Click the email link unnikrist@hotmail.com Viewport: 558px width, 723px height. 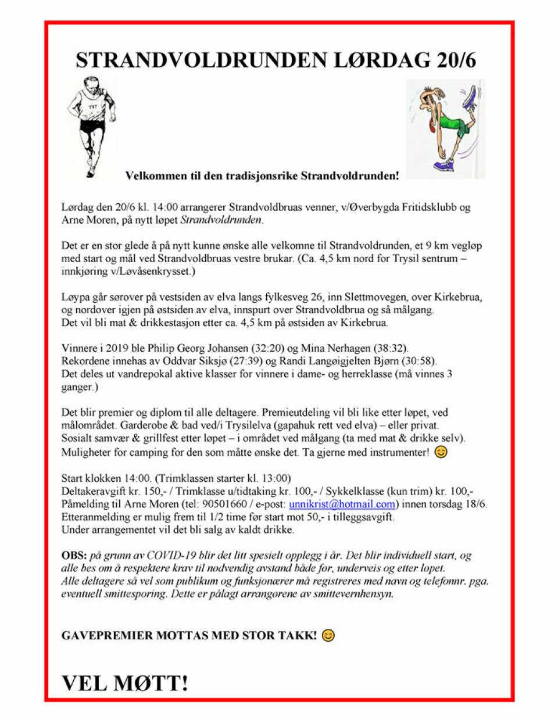click(342, 504)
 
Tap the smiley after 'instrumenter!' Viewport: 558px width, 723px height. click(441, 452)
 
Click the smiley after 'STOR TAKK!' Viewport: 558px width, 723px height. click(328, 635)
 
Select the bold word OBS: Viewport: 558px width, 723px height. click(74, 555)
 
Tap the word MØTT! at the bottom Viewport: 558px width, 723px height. click(152, 683)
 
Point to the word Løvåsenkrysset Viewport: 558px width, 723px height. click(152, 271)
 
